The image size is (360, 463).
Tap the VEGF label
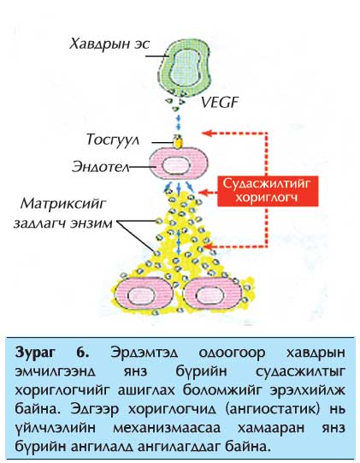coord(220,103)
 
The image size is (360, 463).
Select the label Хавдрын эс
coord(109,45)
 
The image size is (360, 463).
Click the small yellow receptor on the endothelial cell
coord(178,141)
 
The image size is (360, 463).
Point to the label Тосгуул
coord(113,139)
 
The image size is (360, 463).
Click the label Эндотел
coord(101,167)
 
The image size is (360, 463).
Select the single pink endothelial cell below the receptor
coord(179,164)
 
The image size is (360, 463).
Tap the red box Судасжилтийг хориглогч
coord(268,191)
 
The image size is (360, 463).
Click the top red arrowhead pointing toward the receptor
coord(207,133)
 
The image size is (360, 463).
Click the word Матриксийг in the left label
coord(63,205)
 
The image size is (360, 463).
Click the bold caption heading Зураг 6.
coord(52,353)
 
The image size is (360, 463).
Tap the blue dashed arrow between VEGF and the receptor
coord(178,122)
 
